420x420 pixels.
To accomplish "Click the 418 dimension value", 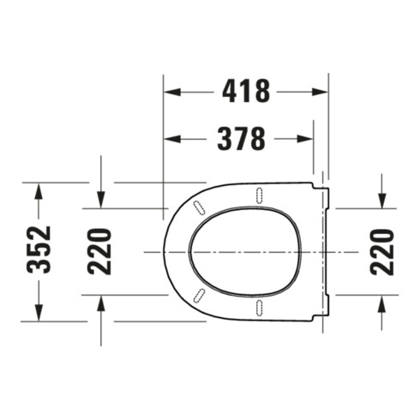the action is (x=246, y=91).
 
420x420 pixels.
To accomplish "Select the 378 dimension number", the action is (x=242, y=139).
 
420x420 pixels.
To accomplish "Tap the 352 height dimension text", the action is (x=39, y=249).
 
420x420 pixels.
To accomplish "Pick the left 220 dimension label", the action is (x=99, y=252).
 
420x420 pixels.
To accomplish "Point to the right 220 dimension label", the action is (x=382, y=252).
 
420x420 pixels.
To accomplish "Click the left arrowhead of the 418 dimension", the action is (x=172, y=92).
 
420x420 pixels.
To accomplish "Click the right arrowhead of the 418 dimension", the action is (x=319, y=92).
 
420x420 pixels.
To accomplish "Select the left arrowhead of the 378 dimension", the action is (x=172, y=139).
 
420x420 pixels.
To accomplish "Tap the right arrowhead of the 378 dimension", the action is (x=305, y=139).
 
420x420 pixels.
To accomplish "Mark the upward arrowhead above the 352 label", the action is (x=39, y=191).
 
